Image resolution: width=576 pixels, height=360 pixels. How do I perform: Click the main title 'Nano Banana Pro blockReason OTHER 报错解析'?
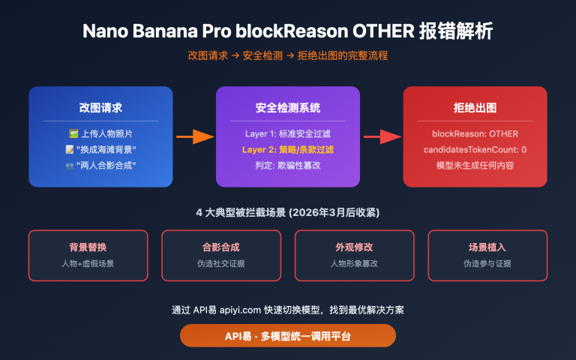(288, 31)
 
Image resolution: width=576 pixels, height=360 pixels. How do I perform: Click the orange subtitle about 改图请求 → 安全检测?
(288, 56)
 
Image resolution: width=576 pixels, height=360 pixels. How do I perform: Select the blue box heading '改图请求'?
(100, 107)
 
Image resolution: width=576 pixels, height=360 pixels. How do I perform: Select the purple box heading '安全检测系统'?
(288, 107)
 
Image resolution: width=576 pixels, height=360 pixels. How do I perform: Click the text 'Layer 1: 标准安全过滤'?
(288, 134)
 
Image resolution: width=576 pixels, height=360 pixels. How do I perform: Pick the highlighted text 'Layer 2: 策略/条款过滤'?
(288, 149)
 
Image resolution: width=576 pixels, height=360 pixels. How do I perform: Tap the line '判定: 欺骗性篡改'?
(288, 165)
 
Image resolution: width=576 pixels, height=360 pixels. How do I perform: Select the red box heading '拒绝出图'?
(475, 107)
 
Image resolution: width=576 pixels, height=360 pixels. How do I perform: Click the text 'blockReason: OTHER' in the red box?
(475, 134)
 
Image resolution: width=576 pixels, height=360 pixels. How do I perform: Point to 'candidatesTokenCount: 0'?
(475, 149)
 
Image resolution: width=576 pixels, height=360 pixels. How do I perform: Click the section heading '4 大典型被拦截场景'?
(288, 212)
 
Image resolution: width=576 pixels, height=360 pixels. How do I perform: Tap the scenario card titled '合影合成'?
(221, 255)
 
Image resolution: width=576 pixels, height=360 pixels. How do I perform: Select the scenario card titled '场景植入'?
(487, 255)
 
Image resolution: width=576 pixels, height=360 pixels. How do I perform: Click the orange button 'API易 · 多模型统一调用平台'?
(288, 335)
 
